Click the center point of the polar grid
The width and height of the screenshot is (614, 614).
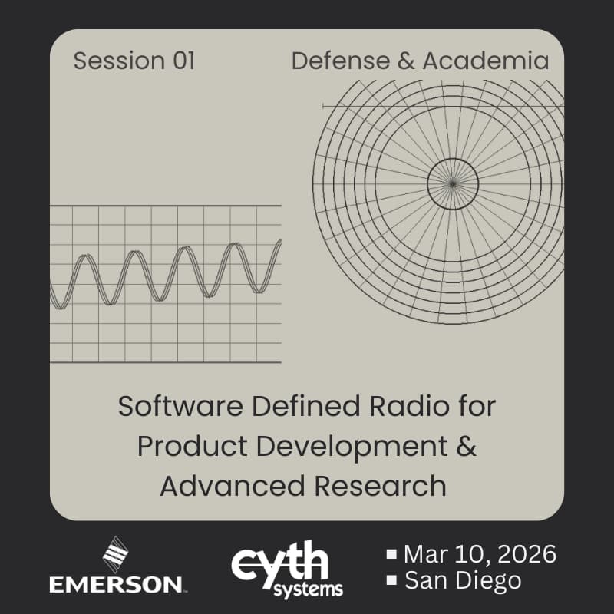pyautogui.click(x=453, y=183)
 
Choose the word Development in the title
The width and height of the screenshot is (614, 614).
pyautogui.click(x=338, y=447)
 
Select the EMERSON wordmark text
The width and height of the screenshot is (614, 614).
pyautogui.click(x=116, y=585)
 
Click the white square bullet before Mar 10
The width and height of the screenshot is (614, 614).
pyautogui.click(x=391, y=553)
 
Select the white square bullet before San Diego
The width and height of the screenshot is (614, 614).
pyautogui.click(x=391, y=581)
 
